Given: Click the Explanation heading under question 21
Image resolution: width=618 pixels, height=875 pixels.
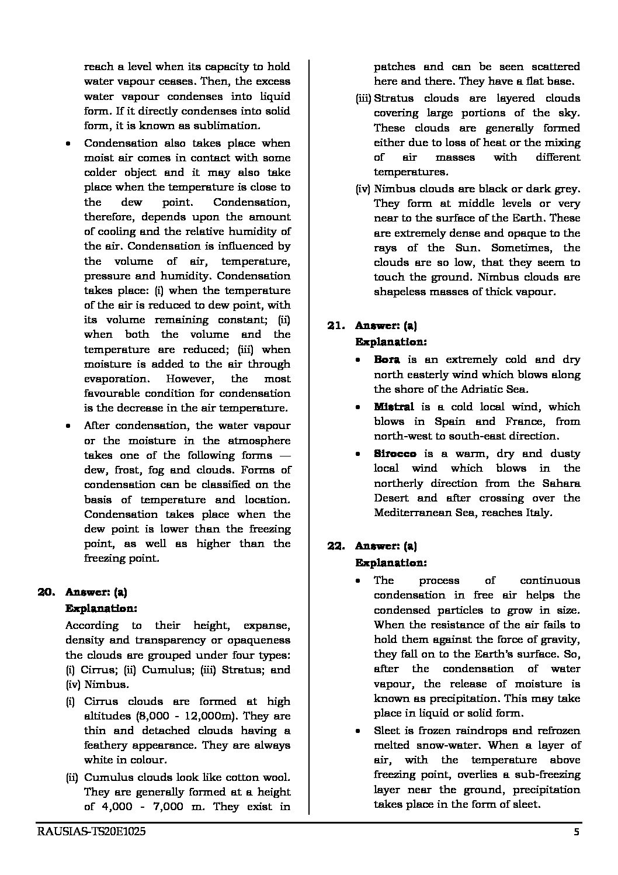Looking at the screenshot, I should [391, 342].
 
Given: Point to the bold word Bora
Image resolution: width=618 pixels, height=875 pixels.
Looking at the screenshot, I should [387, 360].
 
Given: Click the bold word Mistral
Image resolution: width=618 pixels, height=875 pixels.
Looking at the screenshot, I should [394, 407].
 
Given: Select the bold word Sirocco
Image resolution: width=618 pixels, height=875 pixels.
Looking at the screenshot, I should [395, 454].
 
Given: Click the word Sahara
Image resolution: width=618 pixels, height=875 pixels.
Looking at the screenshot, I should [563, 483].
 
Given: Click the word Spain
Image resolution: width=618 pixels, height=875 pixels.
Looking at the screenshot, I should [449, 421].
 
